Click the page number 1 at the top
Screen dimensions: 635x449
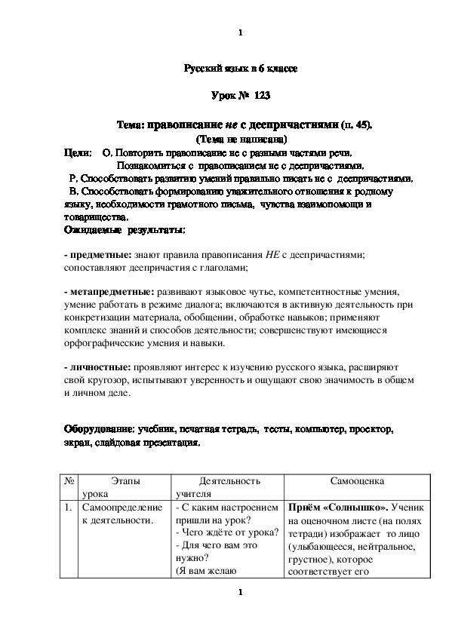[x=239, y=32]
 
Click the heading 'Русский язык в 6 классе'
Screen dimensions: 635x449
[x=241, y=69]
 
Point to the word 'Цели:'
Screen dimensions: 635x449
[x=78, y=152]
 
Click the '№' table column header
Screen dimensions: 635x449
[x=69, y=480]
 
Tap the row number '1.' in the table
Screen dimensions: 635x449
[x=69, y=508]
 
